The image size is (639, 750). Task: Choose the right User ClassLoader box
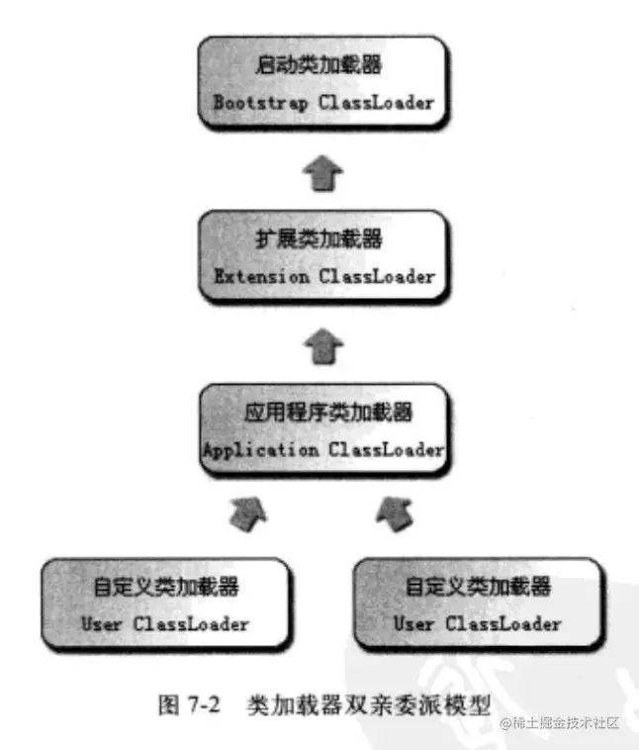[x=478, y=603]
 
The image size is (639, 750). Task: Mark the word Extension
[x=261, y=277]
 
